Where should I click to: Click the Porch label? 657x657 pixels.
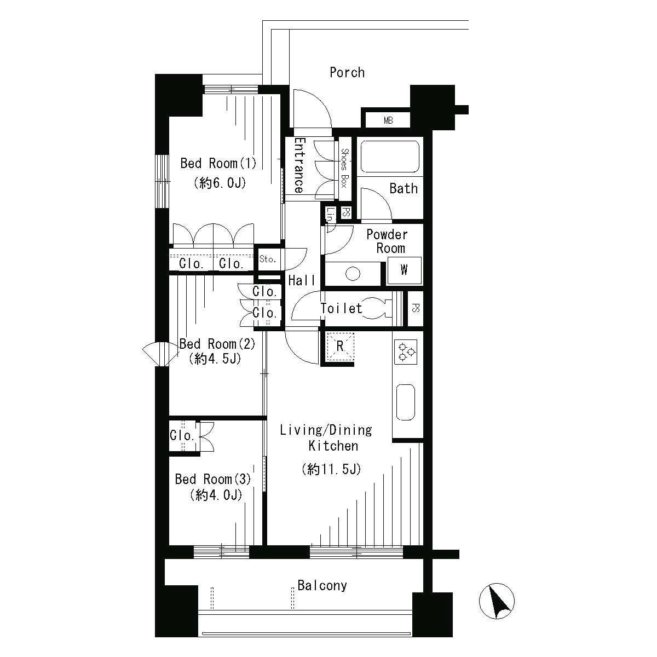tap(347, 73)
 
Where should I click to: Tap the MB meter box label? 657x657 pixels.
tap(388, 120)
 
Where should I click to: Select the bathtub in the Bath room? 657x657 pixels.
tap(390, 157)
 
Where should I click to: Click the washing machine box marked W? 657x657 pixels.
tap(404, 270)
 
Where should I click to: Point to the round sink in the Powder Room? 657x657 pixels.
tap(353, 273)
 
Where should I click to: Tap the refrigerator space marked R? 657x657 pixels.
tap(340, 347)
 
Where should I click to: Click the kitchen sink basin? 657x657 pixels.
tap(405, 402)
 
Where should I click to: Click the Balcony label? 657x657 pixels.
tap(322, 585)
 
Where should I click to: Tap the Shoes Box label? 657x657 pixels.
tap(345, 168)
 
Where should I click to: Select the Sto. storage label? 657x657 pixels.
tap(268, 259)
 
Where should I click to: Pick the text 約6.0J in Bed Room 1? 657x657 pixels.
tap(220, 183)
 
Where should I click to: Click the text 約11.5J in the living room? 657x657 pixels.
tap(331, 469)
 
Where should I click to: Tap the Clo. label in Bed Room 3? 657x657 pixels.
tap(182, 435)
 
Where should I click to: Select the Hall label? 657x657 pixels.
tap(302, 281)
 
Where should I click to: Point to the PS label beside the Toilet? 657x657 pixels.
tap(415, 308)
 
